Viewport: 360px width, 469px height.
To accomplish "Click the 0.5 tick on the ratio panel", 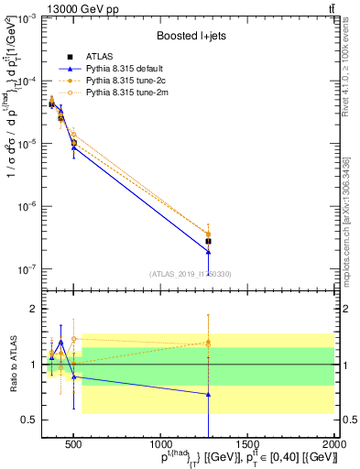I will [25, 420].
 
